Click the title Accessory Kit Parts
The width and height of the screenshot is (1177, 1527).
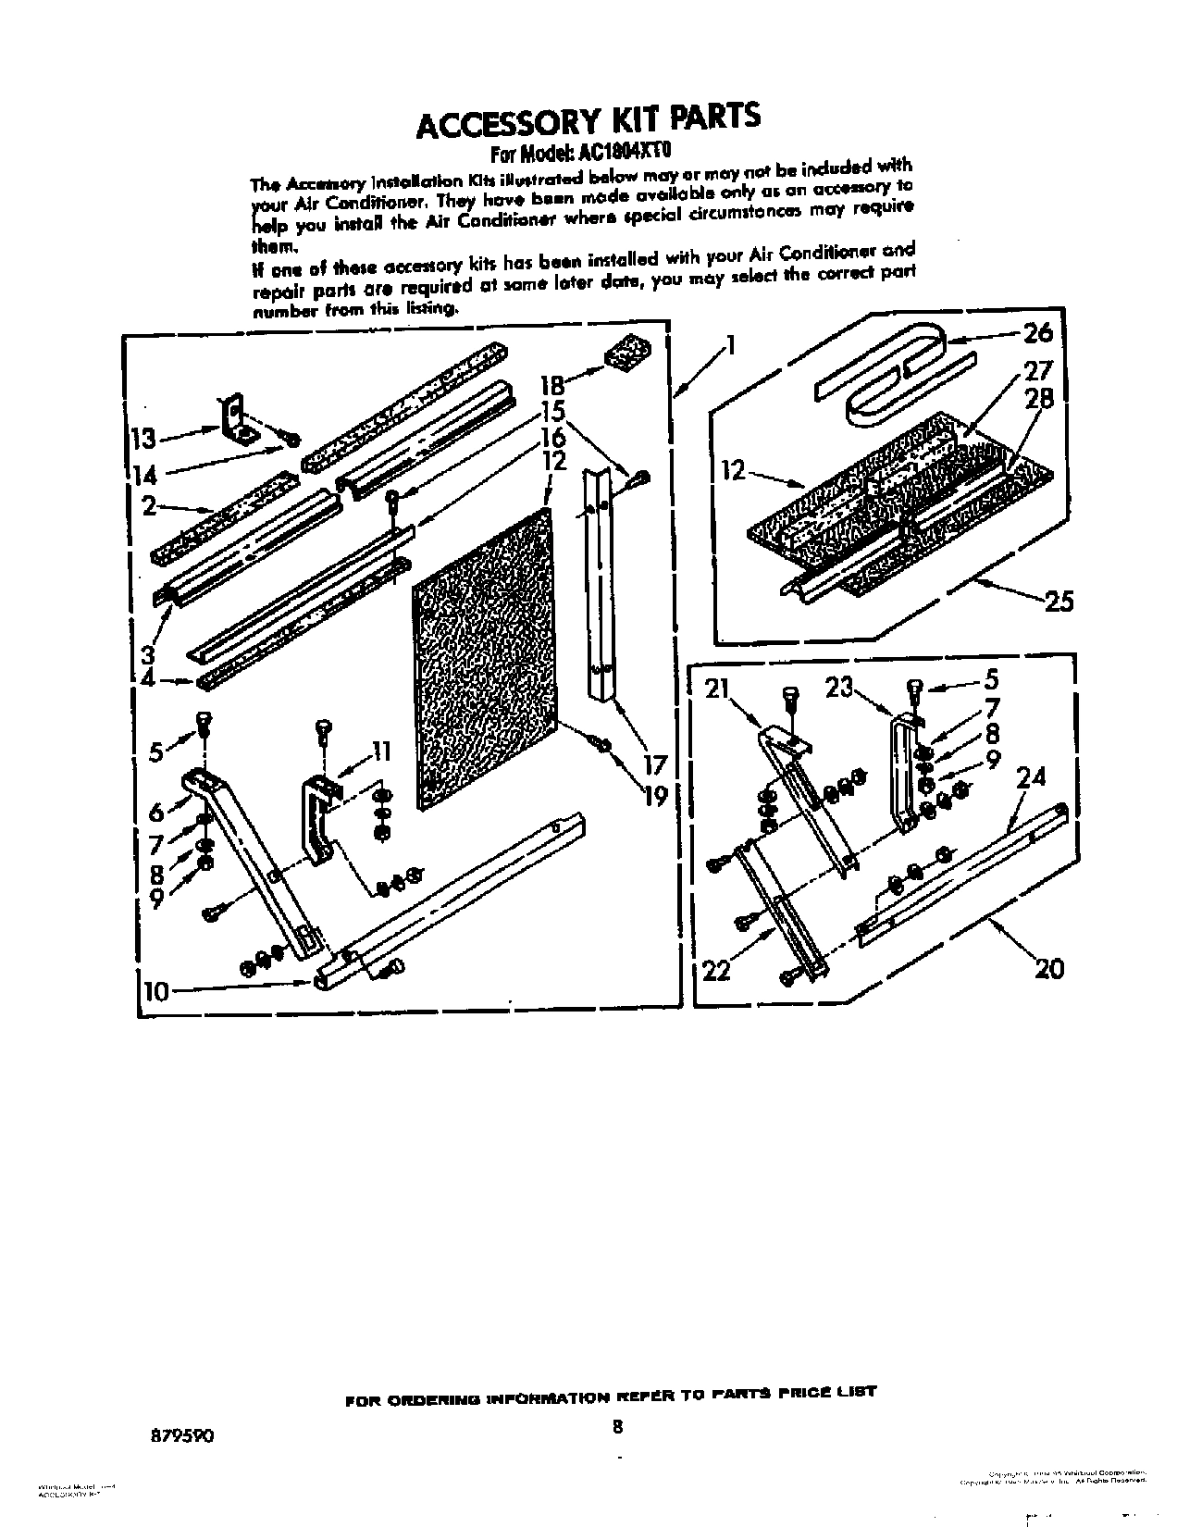point(588,119)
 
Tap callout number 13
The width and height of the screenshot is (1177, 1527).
point(144,437)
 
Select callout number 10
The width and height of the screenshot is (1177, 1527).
point(157,991)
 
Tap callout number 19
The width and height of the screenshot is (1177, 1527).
point(654,795)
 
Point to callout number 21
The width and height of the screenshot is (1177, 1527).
point(719,689)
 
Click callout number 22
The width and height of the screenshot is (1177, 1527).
point(717,969)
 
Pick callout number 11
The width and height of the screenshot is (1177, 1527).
point(379,751)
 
